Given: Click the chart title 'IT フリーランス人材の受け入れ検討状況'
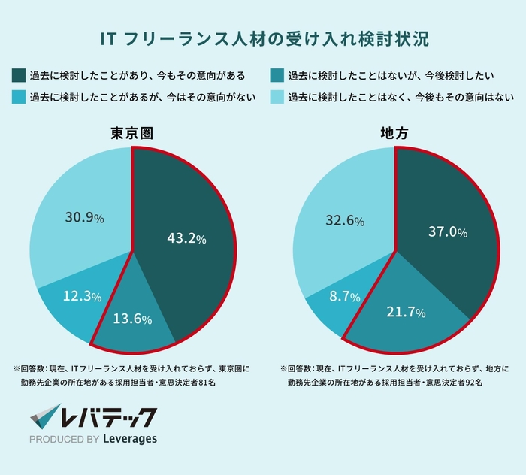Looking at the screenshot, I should pyautogui.click(x=263, y=38).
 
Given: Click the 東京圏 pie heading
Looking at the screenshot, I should pyautogui.click(x=132, y=133).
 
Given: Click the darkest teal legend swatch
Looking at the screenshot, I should pyautogui.click(x=19, y=75).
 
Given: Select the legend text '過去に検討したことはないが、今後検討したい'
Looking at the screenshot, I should pyautogui.click(x=390, y=75).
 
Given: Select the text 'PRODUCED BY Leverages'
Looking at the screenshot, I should pyautogui.click(x=93, y=439).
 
